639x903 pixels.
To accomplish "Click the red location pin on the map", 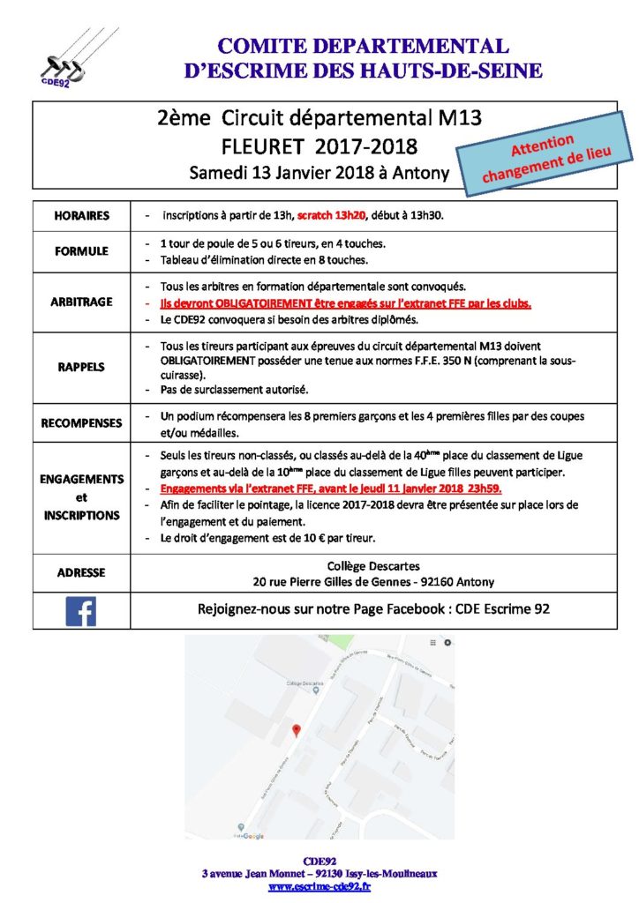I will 297,730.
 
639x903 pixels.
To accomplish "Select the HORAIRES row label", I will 81,215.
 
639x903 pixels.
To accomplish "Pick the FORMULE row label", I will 81,250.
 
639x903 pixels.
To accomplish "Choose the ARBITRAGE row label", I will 81,302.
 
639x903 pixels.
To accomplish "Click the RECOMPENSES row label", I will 81,423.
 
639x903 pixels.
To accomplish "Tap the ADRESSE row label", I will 81,572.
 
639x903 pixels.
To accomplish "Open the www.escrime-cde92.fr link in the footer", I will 319,886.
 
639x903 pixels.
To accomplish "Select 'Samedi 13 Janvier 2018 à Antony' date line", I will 319,173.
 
